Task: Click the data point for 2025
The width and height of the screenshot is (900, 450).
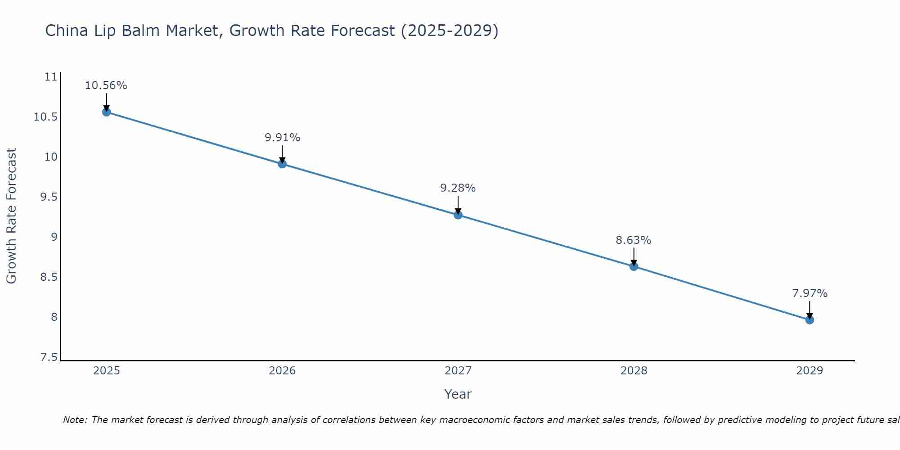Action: pyautogui.click(x=107, y=112)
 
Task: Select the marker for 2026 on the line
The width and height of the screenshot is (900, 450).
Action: pyautogui.click(x=282, y=164)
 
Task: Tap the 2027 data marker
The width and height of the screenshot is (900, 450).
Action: pyautogui.click(x=458, y=215)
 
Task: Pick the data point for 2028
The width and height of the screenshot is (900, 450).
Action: pyautogui.click(x=634, y=266)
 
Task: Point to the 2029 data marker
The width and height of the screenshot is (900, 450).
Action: pyautogui.click(x=810, y=320)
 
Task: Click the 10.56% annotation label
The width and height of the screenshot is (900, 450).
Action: pyautogui.click(x=106, y=85)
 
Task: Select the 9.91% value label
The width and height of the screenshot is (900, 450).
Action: pyautogui.click(x=282, y=138)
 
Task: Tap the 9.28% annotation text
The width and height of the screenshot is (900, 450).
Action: pyautogui.click(x=458, y=188)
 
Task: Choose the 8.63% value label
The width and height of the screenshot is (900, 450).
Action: pyautogui.click(x=634, y=240)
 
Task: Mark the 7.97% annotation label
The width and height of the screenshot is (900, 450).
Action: pyautogui.click(x=810, y=293)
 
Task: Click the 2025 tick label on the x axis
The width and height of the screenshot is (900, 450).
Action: pyautogui.click(x=107, y=371)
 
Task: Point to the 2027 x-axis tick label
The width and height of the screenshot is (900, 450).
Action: pyautogui.click(x=458, y=371)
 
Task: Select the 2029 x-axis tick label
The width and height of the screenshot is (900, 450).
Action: pyautogui.click(x=810, y=371)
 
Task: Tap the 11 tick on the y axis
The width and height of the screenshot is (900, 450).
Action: pyautogui.click(x=51, y=77)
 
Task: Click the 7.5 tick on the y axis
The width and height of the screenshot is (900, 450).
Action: pyautogui.click(x=49, y=357)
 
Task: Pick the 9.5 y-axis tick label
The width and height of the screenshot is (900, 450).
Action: pyautogui.click(x=49, y=197)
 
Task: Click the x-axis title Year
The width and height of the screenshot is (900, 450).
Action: pyautogui.click(x=458, y=394)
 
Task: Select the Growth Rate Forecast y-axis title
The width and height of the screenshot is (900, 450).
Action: pyautogui.click(x=11, y=216)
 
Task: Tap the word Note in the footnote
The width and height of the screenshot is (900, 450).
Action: pyautogui.click(x=75, y=420)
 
